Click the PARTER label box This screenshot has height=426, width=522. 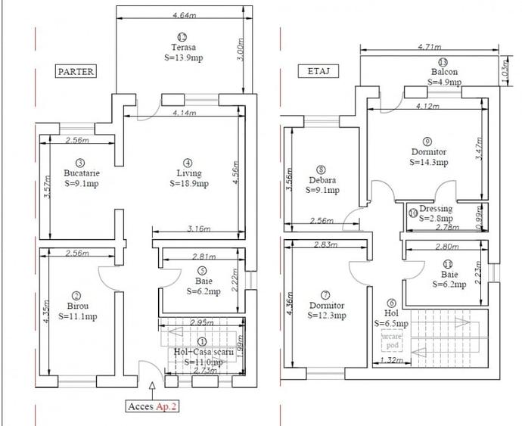[76, 71]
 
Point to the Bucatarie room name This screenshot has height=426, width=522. [82, 173]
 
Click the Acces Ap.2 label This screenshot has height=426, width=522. [154, 406]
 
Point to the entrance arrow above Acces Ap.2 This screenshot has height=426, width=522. [154, 387]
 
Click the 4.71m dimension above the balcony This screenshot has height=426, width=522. [430, 47]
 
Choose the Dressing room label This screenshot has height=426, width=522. [438, 209]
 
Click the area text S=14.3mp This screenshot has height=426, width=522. [429, 161]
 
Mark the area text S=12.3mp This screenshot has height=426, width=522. [327, 316]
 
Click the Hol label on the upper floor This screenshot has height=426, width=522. [390, 312]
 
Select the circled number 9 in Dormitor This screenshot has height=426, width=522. [427, 141]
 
